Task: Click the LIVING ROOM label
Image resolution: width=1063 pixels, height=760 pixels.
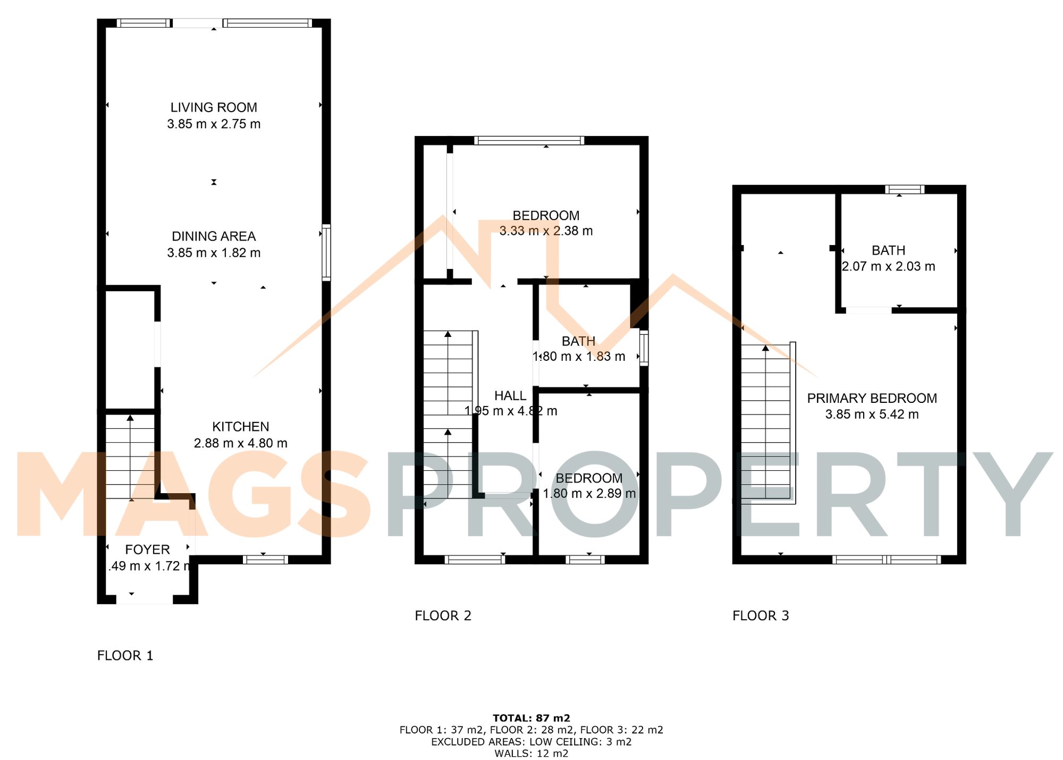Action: coord(214,107)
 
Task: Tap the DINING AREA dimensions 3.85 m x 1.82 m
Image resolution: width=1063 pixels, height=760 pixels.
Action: coord(214,253)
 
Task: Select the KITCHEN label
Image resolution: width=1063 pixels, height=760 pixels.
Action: coord(240,427)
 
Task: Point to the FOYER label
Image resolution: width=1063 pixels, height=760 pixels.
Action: coord(147,550)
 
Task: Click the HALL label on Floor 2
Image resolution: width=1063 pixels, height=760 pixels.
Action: coord(510,396)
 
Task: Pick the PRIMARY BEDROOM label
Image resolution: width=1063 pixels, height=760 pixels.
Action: coord(872,399)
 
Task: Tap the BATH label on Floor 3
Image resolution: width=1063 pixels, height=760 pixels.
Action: coord(888,250)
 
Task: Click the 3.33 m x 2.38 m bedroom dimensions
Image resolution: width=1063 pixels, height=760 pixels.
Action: coord(546,231)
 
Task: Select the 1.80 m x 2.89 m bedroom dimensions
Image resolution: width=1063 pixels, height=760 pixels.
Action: coord(589,494)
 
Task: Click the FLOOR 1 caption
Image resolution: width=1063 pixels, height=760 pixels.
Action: coord(125,656)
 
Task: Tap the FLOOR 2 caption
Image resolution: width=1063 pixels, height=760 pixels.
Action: coord(443,616)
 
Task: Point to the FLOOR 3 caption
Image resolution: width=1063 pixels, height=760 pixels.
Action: coord(761,616)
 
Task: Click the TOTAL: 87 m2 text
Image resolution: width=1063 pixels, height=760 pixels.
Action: coord(531,719)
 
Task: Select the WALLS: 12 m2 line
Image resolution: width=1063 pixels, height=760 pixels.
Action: coord(531,754)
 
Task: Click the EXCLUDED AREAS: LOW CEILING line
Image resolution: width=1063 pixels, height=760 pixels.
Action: coord(531,742)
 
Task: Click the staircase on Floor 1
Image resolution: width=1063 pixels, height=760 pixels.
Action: coord(130,457)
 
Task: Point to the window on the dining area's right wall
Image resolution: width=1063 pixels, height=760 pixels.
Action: coord(326,253)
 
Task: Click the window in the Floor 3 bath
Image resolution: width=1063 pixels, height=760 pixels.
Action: coord(905,189)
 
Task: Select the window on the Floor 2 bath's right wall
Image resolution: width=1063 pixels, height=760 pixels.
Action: coord(644,348)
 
